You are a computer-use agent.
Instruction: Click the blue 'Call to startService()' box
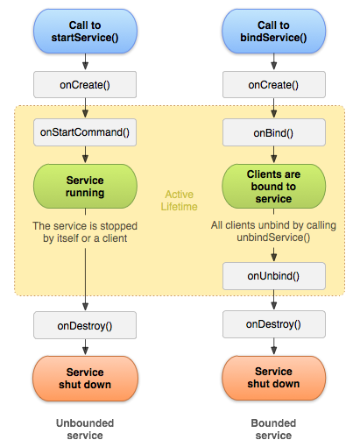click(x=85, y=32)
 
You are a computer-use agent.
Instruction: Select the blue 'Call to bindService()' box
click(x=274, y=32)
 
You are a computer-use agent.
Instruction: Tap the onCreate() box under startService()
click(x=85, y=85)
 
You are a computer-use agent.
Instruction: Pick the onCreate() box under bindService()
click(x=274, y=85)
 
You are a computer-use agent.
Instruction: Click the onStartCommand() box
click(x=85, y=132)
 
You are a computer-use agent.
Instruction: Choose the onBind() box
click(x=274, y=132)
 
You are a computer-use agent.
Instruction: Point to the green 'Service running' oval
click(x=85, y=187)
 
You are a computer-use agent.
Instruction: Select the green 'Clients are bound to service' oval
click(x=274, y=187)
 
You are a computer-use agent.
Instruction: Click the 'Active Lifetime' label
click(x=180, y=201)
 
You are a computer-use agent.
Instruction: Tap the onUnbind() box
click(x=274, y=276)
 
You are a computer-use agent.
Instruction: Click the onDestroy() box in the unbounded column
click(x=85, y=325)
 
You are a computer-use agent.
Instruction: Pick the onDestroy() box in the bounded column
click(x=274, y=324)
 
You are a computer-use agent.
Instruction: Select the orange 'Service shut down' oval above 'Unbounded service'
click(x=85, y=379)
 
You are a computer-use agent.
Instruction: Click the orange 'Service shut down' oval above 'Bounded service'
click(x=274, y=378)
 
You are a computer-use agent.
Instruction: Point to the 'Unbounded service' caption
click(x=85, y=429)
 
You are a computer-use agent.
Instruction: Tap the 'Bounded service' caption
click(x=273, y=429)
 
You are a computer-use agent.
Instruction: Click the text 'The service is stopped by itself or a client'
click(x=85, y=232)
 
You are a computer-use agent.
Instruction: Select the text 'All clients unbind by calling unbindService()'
click(x=273, y=231)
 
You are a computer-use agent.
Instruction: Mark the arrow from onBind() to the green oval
click(x=274, y=154)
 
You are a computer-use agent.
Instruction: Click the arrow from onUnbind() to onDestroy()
click(x=274, y=300)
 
